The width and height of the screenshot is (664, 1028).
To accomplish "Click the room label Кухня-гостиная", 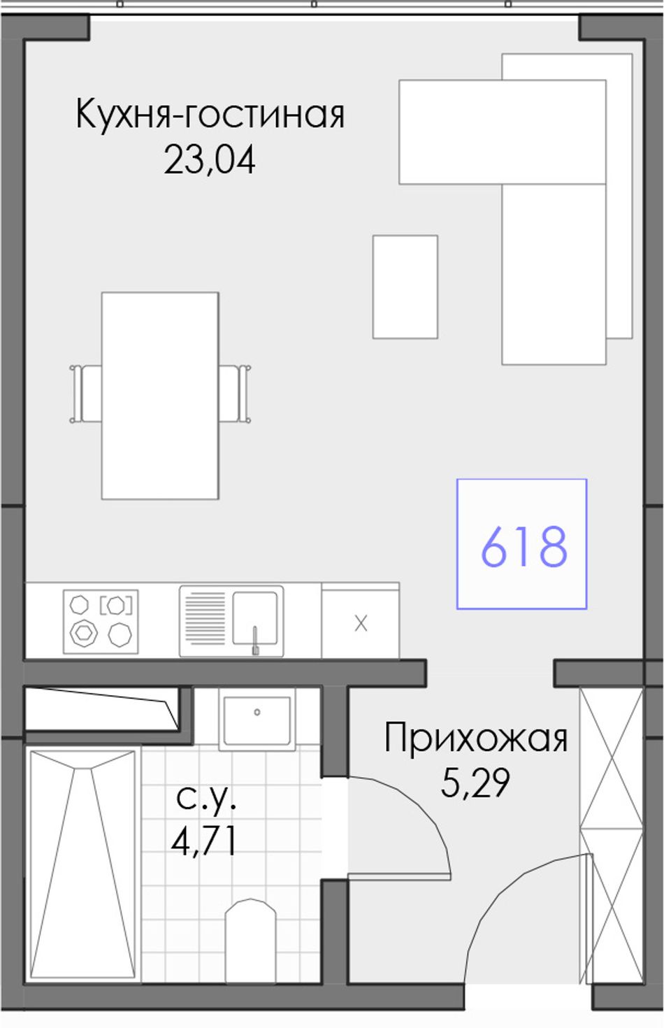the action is coord(210,114).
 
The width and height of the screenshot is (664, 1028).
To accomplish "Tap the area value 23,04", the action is coord(210,159).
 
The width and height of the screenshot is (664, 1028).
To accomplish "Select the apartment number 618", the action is coord(524,547).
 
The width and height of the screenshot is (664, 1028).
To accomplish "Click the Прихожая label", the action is coord(476,738).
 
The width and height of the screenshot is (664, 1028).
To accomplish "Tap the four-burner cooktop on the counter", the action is coord(101,622).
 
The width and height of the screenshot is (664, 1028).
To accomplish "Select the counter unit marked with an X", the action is coord(361,620).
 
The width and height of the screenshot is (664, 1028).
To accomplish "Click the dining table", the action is coord(160,396).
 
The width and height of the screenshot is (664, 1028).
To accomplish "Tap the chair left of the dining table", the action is coord(86,394).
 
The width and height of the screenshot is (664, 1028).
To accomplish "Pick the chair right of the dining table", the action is coord(235,394).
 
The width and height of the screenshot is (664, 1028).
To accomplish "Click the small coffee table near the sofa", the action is coord(405,287).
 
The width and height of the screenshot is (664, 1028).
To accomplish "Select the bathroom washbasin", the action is coord(257,719).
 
